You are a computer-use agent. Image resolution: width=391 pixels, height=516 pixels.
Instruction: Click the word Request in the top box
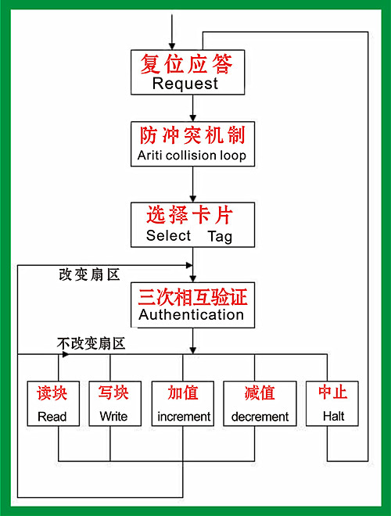185,84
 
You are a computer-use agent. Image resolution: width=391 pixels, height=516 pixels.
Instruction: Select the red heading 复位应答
186,63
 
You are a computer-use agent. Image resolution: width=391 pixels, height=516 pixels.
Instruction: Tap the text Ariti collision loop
192,156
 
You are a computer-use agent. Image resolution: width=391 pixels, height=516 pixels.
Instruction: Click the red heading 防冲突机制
192,135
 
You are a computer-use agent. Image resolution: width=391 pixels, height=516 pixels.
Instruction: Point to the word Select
168,235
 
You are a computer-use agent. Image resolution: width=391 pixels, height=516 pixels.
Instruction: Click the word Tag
220,237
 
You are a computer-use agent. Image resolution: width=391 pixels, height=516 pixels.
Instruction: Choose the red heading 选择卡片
190,215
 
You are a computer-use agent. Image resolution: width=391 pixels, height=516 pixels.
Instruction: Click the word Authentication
192,315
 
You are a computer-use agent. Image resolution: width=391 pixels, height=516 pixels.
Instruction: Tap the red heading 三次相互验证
192,297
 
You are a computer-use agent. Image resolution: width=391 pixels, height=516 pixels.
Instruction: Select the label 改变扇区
89,274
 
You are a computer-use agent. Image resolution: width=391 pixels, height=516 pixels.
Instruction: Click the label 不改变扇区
91,344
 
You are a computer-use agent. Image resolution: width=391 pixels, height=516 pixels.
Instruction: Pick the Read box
53,403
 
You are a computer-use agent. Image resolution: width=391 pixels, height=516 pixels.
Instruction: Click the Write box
115,403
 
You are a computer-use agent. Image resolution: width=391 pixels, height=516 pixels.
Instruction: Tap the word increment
184,417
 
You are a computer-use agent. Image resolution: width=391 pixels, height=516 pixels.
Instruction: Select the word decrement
260,417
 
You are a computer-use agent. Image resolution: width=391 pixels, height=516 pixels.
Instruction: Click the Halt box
332,403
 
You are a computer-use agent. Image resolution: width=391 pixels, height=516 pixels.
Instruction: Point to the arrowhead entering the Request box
172,46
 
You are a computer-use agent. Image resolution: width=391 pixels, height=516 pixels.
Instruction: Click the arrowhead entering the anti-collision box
193,118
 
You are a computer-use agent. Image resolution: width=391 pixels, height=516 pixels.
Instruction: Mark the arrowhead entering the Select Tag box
193,199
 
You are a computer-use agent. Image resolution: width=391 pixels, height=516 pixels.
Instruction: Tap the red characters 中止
333,392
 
